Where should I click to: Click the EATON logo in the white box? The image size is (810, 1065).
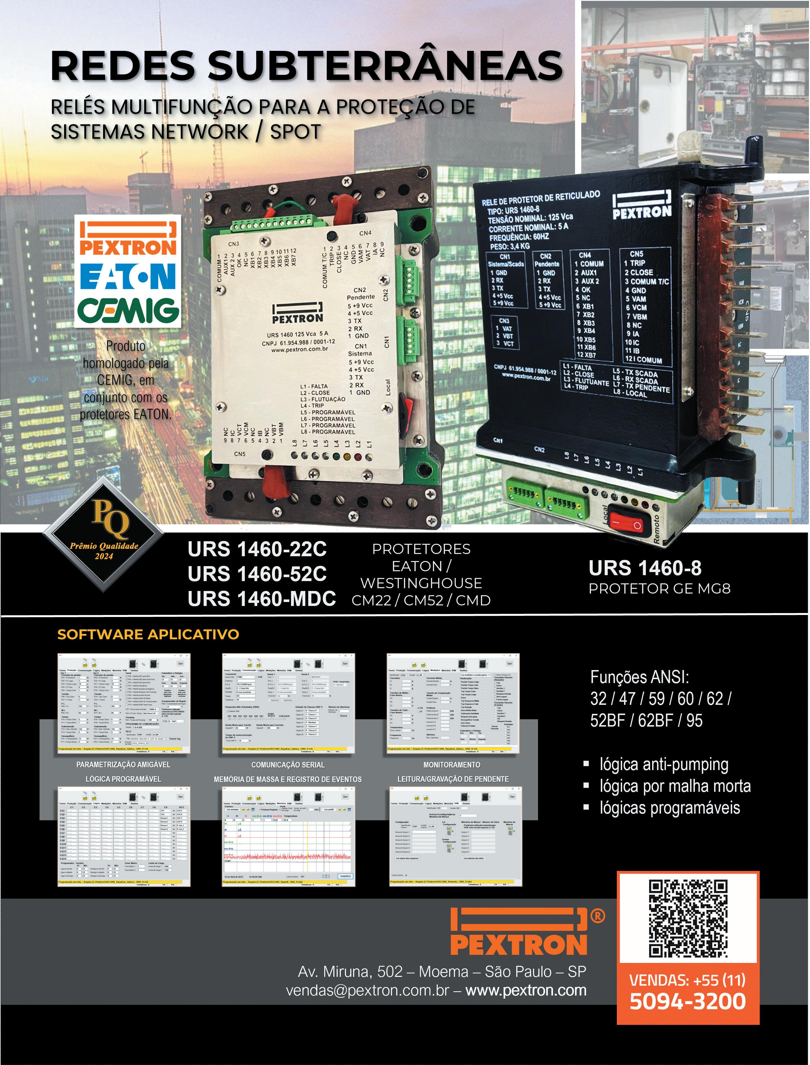point(128,276)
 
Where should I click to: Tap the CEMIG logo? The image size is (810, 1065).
point(128,310)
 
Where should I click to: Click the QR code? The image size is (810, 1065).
point(688,918)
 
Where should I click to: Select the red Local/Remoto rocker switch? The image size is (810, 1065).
point(626,522)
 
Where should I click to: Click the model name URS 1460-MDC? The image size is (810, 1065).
point(261,599)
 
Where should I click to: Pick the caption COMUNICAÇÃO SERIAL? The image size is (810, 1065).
point(288,765)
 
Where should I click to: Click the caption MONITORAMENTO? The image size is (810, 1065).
point(452,765)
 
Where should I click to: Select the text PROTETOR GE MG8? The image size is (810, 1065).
point(659,589)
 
